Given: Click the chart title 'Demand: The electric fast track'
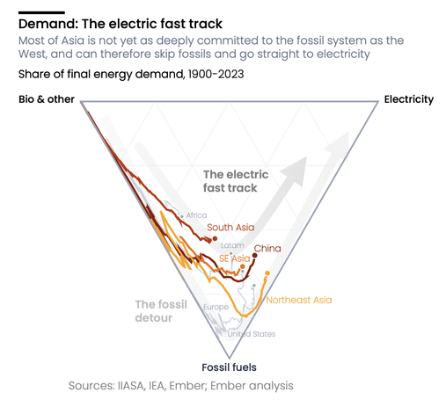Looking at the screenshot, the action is (x=121, y=24).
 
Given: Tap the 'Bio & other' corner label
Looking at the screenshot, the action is (x=47, y=99).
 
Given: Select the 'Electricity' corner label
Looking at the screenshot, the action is (x=409, y=99).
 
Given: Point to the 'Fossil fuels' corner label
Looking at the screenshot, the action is (x=229, y=367).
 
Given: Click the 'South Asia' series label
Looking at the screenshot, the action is (x=230, y=227).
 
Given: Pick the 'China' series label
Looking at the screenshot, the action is (x=267, y=249).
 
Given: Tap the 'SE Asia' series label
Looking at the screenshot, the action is (x=235, y=258).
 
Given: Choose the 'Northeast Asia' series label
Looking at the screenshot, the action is (x=299, y=300).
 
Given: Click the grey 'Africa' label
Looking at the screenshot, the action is (x=196, y=215).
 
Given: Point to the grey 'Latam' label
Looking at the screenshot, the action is (x=232, y=245).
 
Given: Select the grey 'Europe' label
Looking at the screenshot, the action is (x=216, y=307).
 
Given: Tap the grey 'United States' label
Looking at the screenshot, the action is (x=252, y=334).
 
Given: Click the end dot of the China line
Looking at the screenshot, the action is (x=255, y=256).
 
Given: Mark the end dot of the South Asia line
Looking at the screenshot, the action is (x=215, y=238).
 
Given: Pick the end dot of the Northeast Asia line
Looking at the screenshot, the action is (x=267, y=273).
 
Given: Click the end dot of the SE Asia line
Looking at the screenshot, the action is (x=243, y=266).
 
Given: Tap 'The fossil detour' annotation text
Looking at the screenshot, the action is (x=161, y=311).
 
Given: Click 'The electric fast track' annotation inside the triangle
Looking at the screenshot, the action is (x=236, y=181).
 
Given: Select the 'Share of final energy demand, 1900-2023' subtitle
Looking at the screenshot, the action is (x=131, y=74).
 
